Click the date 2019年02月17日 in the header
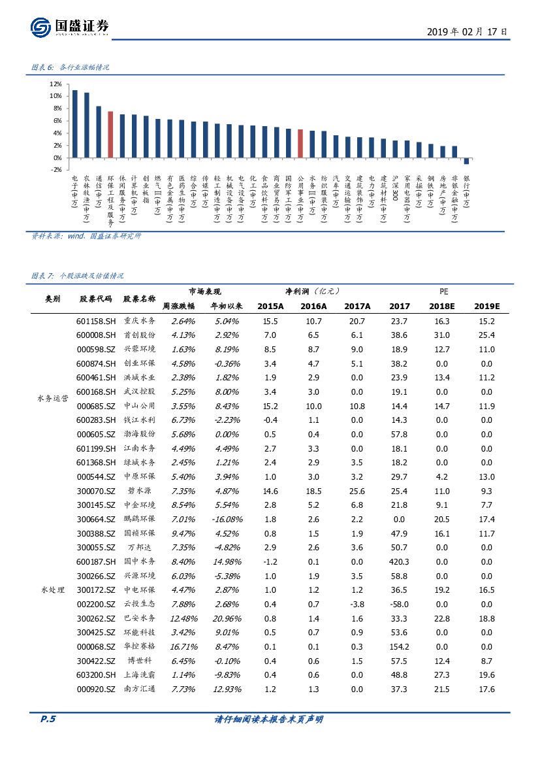pos(466,31)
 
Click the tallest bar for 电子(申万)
pos(74,124)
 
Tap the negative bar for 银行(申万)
pos(466,161)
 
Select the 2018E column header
pos(443,306)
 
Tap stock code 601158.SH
pos(96,321)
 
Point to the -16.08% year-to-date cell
pos(226,519)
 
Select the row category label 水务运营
pos(52,399)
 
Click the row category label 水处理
pos(52,590)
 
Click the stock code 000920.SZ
pos(96,689)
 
